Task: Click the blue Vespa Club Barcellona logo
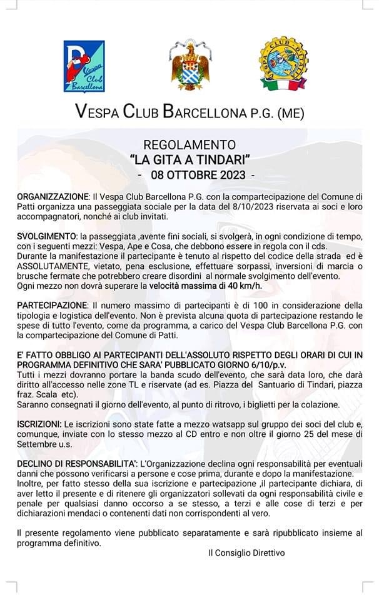pos(84,66)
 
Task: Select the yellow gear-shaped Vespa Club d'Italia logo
pos(284,65)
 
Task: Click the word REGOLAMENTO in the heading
pos(189,144)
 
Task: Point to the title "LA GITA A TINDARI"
pos(189,159)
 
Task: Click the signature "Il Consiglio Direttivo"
pos(246,552)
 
